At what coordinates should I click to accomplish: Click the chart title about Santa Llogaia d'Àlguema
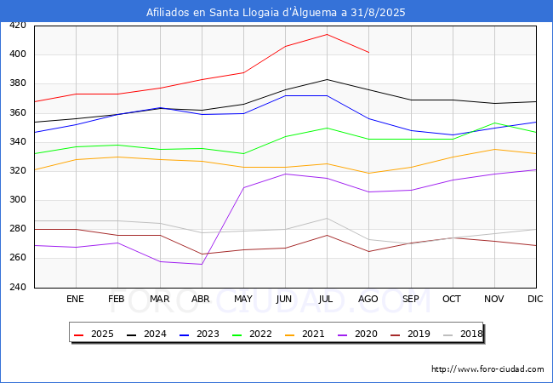point(276,12)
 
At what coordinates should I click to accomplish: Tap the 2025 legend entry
point(93,334)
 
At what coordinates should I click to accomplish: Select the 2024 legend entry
point(145,334)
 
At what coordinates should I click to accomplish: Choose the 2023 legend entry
point(197,334)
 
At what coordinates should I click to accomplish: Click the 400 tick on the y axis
point(17,54)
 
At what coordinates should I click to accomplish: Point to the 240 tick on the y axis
point(17,288)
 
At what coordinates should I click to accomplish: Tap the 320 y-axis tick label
point(17,171)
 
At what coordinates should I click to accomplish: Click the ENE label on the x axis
point(76,300)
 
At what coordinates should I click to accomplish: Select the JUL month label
point(327,300)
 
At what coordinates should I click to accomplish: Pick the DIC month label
point(535,300)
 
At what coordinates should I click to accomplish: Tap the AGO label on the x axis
point(368,300)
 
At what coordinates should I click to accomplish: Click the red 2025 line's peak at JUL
point(327,34)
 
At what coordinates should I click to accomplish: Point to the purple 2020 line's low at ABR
point(202,264)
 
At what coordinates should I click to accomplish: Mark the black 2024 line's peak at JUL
point(327,79)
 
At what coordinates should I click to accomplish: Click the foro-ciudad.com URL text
point(487,369)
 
